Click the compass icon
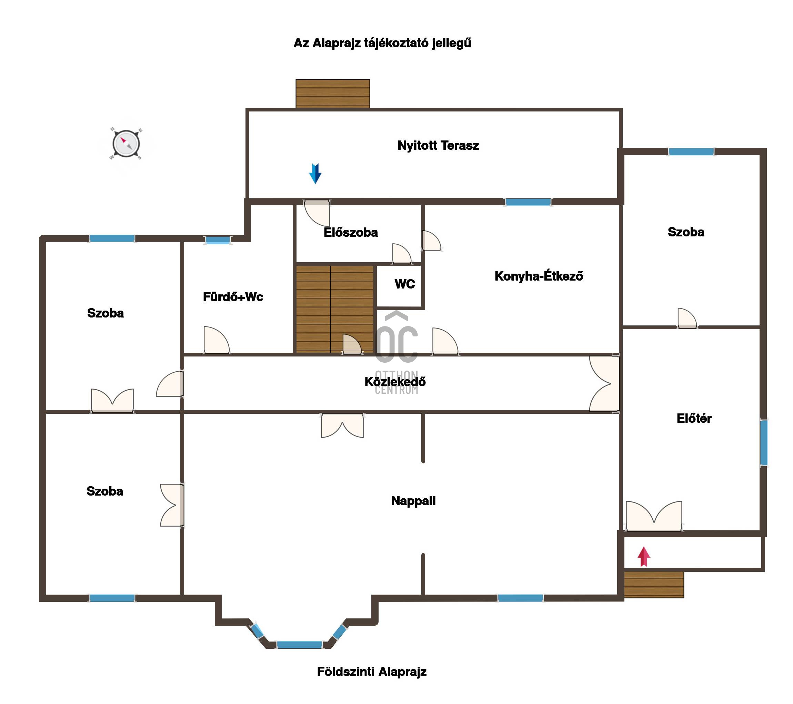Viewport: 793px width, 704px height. point(126,144)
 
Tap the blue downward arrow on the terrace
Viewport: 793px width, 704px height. point(315,174)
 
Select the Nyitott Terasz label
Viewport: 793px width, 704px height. point(438,146)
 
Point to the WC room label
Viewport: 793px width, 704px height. point(405,284)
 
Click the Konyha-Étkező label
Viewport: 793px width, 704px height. point(539,276)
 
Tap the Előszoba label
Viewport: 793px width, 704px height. point(351,232)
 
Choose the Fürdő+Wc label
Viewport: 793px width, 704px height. point(233,297)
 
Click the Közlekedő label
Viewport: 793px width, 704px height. point(395,382)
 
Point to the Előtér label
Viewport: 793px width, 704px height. point(694,418)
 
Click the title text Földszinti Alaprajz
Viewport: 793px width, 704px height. point(372,672)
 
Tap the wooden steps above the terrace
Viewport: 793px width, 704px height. point(332,94)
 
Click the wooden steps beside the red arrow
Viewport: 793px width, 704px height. point(654,584)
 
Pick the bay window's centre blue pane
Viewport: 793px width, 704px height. point(299,645)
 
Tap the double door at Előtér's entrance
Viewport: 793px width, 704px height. point(654,516)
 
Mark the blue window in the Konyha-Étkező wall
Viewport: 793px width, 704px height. point(528,202)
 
